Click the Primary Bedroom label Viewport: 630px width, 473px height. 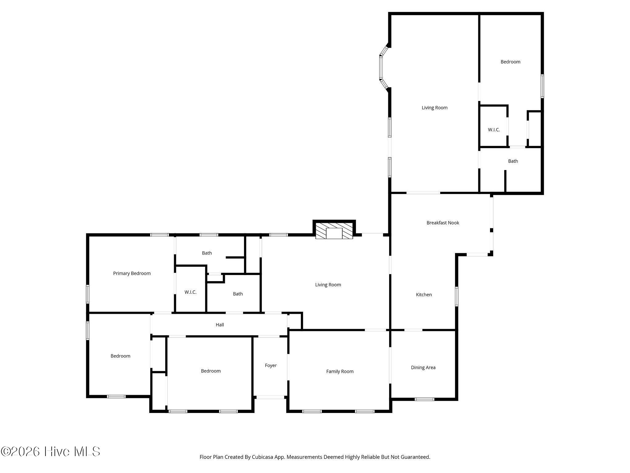(132, 273)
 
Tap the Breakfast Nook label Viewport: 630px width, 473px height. (443, 223)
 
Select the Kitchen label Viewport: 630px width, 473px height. (424, 295)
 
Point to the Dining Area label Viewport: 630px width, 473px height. (423, 367)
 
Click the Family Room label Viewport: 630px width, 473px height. (340, 371)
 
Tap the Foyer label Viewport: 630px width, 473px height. (271, 366)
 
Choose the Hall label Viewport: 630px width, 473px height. (220, 325)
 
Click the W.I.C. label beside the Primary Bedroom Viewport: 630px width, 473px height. (190, 292)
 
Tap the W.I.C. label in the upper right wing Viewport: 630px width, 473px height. (494, 130)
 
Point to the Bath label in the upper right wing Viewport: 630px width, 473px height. (513, 161)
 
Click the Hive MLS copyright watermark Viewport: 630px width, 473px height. (50, 451)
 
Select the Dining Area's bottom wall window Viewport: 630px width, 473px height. (424, 399)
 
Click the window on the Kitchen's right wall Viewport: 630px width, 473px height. (457, 297)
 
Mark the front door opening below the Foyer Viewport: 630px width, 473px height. (270, 397)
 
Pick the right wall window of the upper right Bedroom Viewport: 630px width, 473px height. (542, 86)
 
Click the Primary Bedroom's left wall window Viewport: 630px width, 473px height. (88, 294)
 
